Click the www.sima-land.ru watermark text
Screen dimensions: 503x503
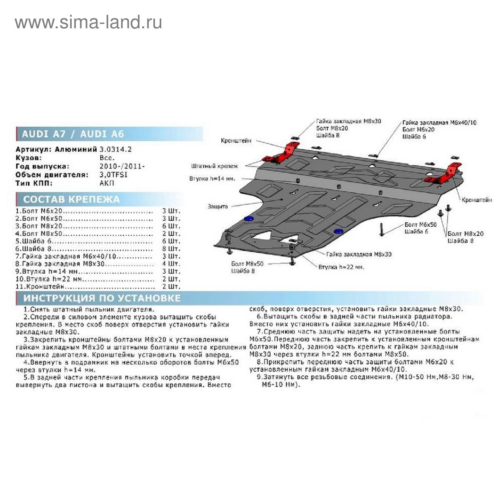(88, 23)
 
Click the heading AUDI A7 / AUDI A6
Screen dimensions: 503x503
(73, 134)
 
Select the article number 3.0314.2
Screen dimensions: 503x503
(115, 149)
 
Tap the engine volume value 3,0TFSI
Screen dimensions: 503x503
(113, 174)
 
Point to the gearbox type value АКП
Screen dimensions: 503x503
(107, 183)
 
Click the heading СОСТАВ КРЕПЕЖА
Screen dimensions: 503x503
(71, 199)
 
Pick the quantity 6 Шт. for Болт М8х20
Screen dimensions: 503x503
(171, 226)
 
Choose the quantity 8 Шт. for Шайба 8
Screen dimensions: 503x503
(171, 249)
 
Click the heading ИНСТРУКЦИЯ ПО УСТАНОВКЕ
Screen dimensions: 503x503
(102, 298)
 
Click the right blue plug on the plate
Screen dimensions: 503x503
(339, 231)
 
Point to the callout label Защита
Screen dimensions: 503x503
(218, 207)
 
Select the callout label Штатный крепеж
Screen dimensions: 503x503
(214, 166)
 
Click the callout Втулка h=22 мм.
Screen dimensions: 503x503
(341, 267)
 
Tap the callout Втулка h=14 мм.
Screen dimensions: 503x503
(212, 179)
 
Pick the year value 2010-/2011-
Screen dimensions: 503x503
(122, 166)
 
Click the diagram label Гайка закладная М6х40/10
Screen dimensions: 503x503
(439, 122)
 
